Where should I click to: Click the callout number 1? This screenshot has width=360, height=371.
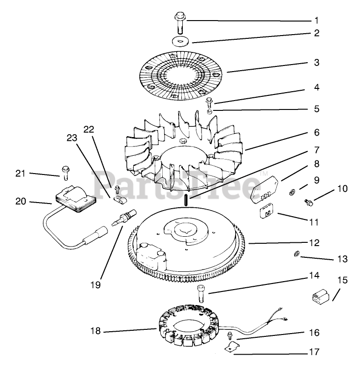click(317, 21)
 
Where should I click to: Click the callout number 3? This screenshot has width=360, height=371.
click(317, 62)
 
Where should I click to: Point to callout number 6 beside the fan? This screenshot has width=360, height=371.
click(317, 132)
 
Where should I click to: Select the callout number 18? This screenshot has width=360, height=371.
click(95, 331)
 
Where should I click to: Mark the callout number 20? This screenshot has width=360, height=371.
click(21, 202)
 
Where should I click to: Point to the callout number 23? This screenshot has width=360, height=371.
click(72, 138)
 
